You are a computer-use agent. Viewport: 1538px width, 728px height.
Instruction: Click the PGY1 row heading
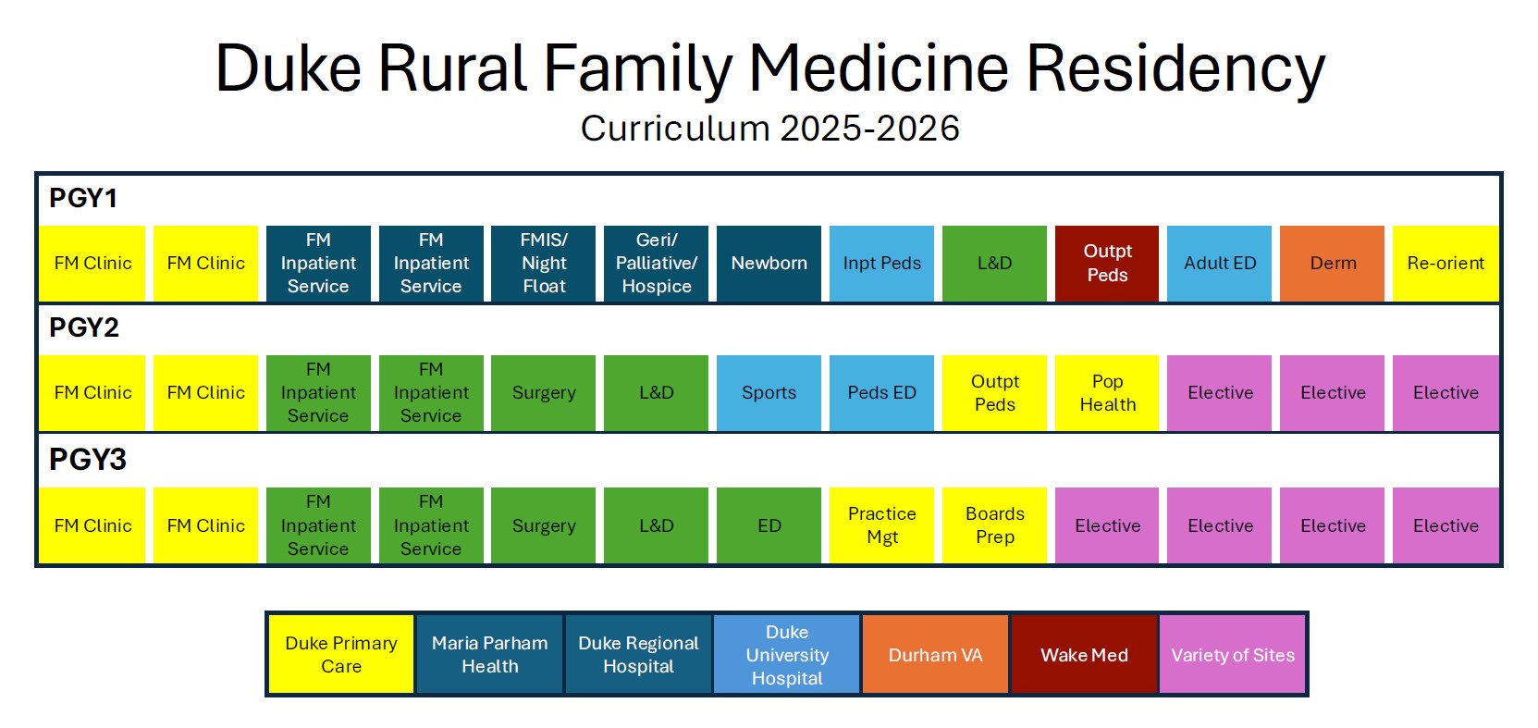point(83,199)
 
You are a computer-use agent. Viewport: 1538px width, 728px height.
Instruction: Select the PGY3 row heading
point(87,460)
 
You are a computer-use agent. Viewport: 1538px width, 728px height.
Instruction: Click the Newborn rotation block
point(769,263)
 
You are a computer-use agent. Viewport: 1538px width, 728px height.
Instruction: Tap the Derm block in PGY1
point(1332,263)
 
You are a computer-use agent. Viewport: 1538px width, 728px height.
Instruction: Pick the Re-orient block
point(1446,263)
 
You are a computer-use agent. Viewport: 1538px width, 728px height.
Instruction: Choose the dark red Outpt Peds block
point(1107,263)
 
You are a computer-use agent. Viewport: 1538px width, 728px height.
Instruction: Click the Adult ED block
point(1220,263)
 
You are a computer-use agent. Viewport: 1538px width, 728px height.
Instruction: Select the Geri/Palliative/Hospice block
point(657,263)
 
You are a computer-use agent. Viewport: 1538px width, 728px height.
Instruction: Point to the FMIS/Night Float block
point(543,263)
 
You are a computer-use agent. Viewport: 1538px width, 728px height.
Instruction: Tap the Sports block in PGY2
point(769,393)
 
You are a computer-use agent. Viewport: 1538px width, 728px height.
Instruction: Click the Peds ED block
point(881,393)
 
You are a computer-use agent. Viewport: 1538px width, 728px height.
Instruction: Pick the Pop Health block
point(1107,393)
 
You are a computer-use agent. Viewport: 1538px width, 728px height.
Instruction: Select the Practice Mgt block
point(881,525)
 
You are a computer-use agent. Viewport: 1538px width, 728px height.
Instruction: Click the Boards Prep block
point(994,525)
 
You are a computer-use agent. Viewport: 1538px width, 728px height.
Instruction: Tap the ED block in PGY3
point(769,525)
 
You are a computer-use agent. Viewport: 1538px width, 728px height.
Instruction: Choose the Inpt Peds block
point(881,263)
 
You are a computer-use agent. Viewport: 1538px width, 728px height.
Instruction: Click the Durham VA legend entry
point(935,655)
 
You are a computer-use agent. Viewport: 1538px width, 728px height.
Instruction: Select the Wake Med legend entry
point(1084,655)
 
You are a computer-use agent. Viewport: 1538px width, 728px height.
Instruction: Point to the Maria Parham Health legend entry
point(489,655)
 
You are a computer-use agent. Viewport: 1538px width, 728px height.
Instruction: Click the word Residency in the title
point(1175,68)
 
